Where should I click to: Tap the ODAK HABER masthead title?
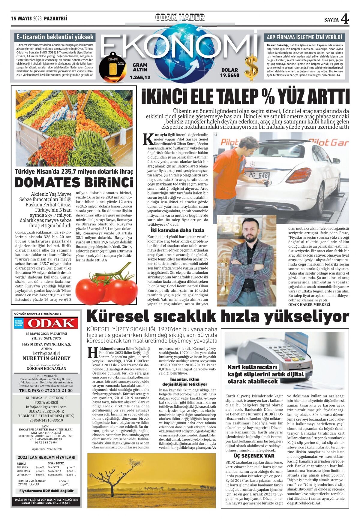click(x=180, y=17)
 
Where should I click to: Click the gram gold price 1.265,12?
click(x=140, y=77)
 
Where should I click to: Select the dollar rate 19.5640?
click(x=229, y=75)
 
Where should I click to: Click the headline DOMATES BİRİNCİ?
click(x=74, y=183)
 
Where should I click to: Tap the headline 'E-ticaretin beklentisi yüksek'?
click(x=55, y=37)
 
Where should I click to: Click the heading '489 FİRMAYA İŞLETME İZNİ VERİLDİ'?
click(x=304, y=38)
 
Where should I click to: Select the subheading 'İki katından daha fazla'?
click(x=177, y=230)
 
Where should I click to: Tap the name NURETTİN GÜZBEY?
click(x=46, y=358)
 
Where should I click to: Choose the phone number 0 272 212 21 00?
click(x=46, y=391)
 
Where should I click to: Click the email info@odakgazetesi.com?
click(x=46, y=407)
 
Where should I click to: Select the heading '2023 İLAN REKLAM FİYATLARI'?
click(x=46, y=457)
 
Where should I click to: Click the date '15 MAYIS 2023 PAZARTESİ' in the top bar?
click(x=39, y=19)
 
